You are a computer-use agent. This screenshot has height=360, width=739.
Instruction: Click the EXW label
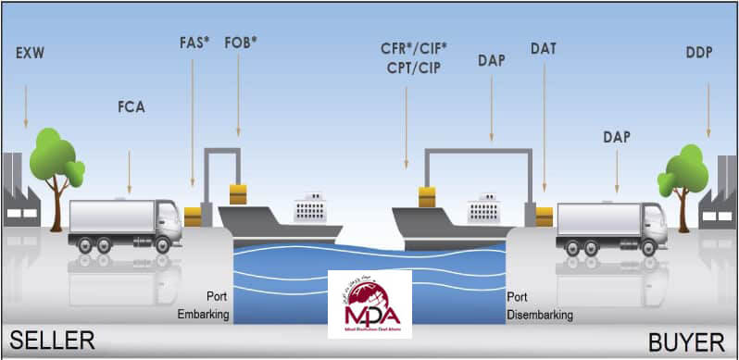click(30, 53)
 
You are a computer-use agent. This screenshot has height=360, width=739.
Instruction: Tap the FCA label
click(130, 106)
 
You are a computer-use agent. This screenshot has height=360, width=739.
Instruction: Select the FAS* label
click(194, 43)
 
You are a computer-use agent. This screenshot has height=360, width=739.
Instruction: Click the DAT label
click(544, 47)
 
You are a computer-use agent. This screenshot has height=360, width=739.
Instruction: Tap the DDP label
click(699, 53)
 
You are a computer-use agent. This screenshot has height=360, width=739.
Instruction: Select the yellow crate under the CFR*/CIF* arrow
click(427, 196)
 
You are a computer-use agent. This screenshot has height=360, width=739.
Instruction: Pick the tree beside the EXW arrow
click(56, 162)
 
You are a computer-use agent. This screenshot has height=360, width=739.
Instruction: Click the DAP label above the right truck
click(616, 137)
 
